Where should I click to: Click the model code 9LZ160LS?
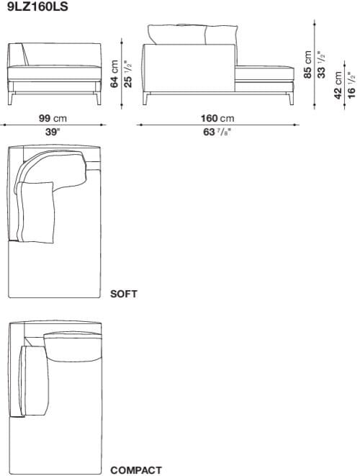(x=32, y=7)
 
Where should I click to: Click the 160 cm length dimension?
(x=217, y=118)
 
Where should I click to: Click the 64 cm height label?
(x=114, y=74)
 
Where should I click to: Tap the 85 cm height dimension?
(x=309, y=64)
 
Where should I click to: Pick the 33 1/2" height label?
(x=322, y=64)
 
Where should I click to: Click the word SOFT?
(x=124, y=294)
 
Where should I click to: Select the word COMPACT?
(x=136, y=470)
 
